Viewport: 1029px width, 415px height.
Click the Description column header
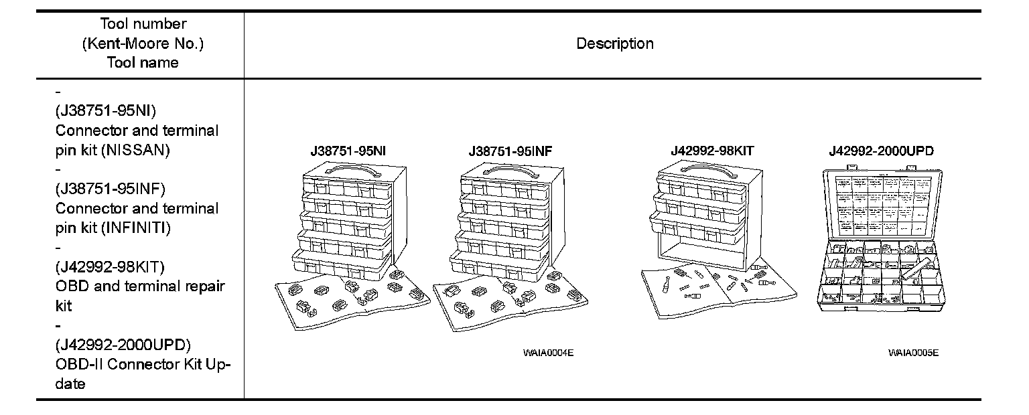coord(615,44)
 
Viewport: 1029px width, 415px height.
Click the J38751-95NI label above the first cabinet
coord(348,151)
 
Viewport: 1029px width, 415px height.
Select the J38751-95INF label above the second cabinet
coord(511,151)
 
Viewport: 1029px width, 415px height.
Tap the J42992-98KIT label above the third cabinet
coord(712,151)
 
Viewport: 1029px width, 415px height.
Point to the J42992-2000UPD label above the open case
coord(881,151)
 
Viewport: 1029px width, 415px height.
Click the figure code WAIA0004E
coord(549,353)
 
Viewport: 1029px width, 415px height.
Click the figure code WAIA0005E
coord(913,353)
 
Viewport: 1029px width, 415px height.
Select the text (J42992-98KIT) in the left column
coord(111,267)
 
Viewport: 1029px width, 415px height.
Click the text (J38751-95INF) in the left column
coord(111,189)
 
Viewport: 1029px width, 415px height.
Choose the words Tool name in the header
coord(143,63)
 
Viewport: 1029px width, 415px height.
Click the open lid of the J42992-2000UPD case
coord(881,205)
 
